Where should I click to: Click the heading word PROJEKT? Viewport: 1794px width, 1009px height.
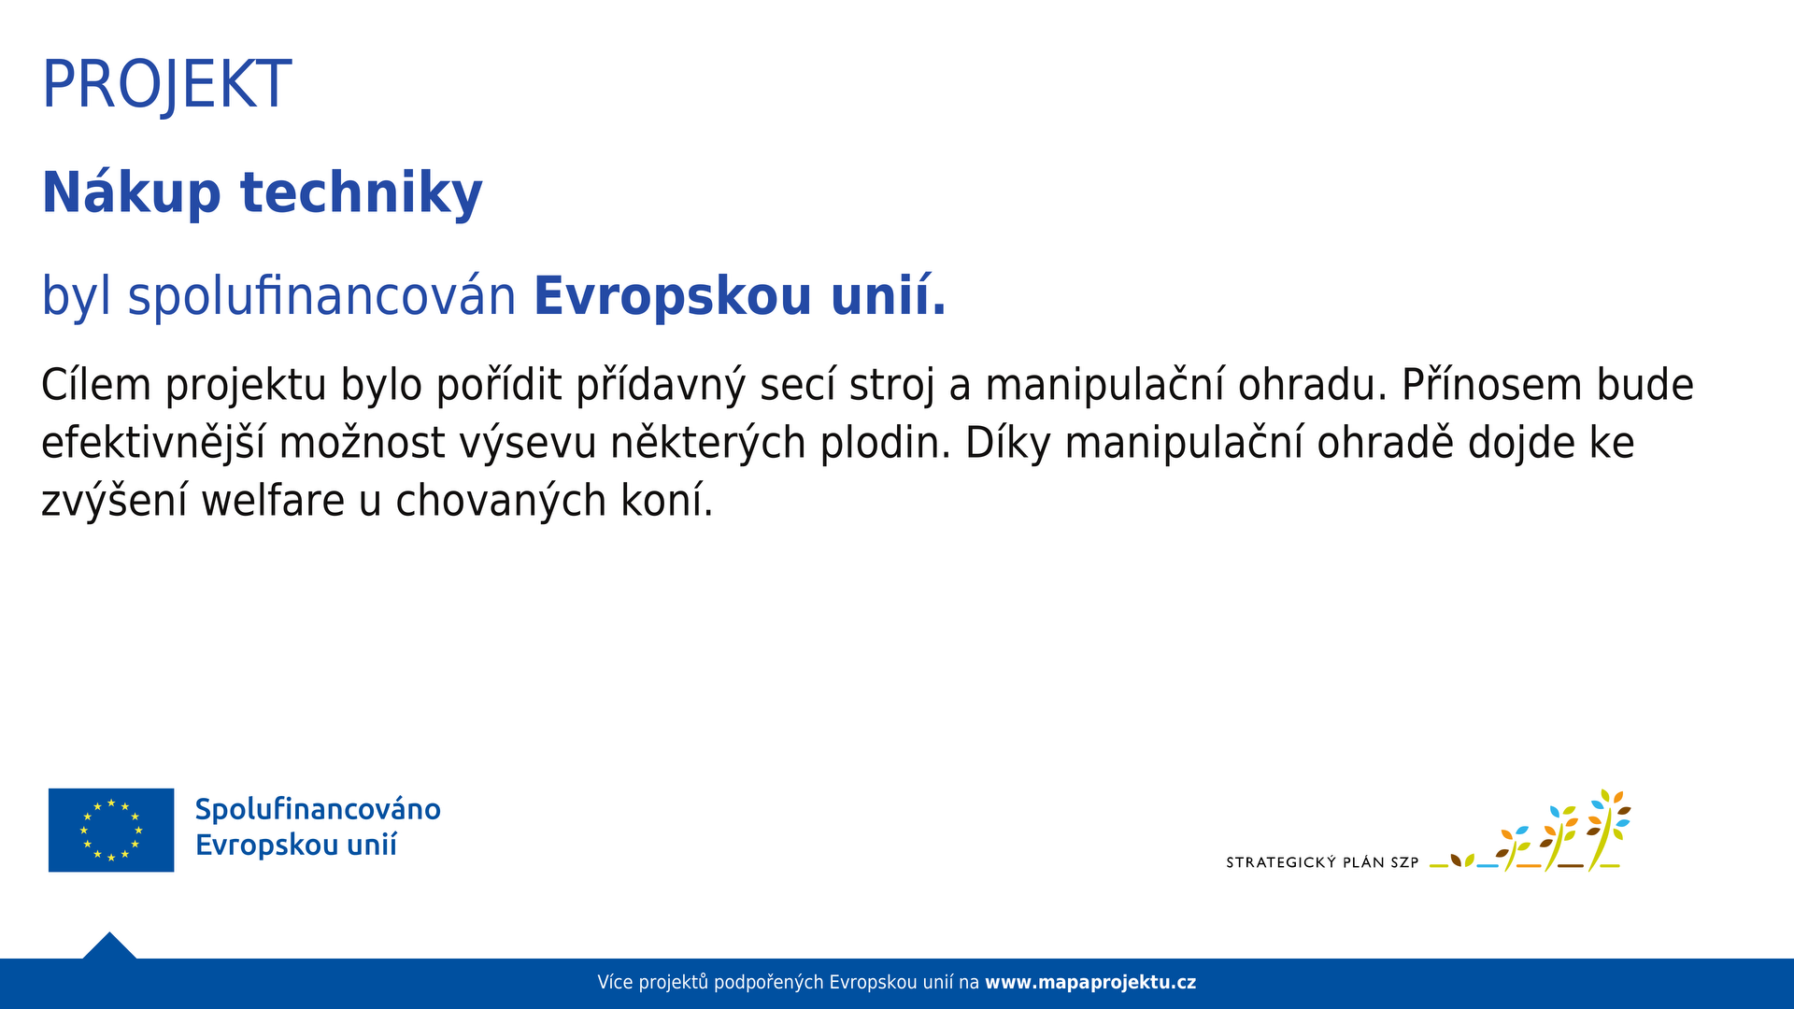pos(167,85)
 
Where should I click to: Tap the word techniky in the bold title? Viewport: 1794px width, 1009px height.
pos(362,193)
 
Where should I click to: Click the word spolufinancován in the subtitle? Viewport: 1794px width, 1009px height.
pos(322,297)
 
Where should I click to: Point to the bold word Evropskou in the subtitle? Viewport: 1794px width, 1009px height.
pos(673,297)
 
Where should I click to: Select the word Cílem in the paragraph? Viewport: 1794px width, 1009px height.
pos(96,385)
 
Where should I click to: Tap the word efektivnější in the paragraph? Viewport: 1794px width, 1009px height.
pos(154,443)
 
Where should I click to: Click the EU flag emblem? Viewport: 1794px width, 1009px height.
pos(111,830)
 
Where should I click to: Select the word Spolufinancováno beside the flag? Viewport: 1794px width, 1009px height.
pos(318,810)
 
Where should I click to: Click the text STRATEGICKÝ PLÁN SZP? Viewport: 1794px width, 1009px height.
pos(1322,862)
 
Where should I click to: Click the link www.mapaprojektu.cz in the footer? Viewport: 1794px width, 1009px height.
pos(1090,983)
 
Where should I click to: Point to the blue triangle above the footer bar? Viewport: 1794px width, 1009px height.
pos(109,946)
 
